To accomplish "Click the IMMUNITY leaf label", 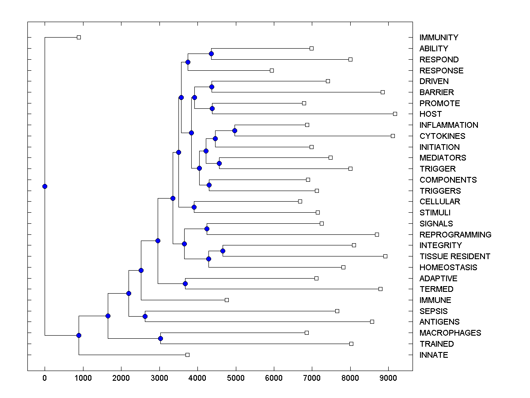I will [x=439, y=38].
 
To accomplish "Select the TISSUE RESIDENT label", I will [x=454, y=256].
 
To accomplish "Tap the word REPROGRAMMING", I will [x=455, y=234].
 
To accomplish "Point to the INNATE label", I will [x=434, y=355].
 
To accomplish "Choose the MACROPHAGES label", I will [x=450, y=333].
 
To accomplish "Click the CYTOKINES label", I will [x=442, y=136].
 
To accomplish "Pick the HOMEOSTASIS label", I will [x=448, y=268].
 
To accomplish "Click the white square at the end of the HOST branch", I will [x=395, y=114].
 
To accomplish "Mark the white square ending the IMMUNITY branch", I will [x=79, y=37].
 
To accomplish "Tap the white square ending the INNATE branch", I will [x=187, y=355].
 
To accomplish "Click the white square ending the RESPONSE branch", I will [x=272, y=70].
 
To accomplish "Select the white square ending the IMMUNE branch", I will [x=227, y=300].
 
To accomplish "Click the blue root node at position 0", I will [x=45, y=186].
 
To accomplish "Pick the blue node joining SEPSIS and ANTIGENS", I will [x=145, y=316].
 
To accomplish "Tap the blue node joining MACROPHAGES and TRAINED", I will [x=160, y=338].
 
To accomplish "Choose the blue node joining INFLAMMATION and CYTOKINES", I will [x=235, y=130].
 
